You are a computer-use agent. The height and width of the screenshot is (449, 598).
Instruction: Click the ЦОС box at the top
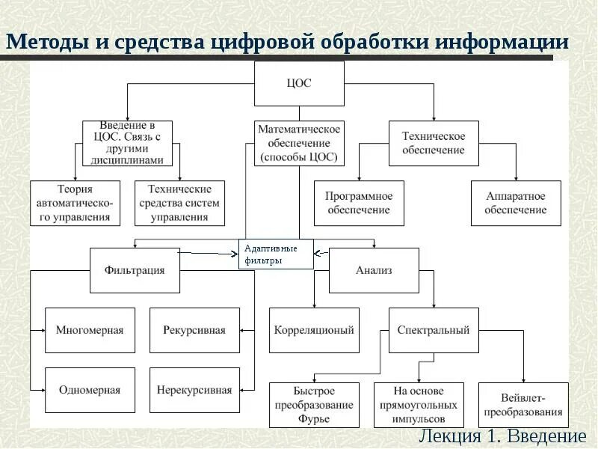[299, 83]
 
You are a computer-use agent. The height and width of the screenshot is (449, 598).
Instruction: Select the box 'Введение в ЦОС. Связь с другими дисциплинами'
[127, 143]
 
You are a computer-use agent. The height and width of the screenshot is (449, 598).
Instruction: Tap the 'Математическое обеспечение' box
[299, 143]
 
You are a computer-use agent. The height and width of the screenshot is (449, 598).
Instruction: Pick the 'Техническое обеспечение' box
[434, 143]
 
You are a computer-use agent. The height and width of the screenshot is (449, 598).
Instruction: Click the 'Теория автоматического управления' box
[75, 203]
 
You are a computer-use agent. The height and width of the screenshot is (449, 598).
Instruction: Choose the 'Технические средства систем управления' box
[179, 203]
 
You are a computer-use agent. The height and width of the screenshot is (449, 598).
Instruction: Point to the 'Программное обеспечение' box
[359, 203]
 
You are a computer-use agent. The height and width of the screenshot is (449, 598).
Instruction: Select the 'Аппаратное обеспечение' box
[516, 203]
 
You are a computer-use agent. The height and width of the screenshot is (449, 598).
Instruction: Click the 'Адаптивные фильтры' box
[276, 254]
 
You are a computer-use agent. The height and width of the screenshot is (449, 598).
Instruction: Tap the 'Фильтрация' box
[135, 270]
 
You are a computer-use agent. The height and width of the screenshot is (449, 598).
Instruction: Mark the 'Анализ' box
[374, 270]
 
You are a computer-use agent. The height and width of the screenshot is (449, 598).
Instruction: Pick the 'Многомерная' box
[90, 330]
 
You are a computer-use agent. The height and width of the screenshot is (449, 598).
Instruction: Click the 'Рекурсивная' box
[194, 330]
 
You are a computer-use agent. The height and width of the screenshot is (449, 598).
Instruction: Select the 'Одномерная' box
[90, 390]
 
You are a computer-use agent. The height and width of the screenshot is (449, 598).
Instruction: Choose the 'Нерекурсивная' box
[194, 390]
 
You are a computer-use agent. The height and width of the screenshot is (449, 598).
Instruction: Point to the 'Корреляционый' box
[314, 330]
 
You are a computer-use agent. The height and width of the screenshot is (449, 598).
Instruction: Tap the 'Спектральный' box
[434, 330]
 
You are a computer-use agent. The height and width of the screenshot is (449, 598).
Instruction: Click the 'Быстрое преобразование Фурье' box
[314, 405]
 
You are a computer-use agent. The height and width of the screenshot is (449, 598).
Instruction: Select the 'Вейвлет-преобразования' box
[523, 405]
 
